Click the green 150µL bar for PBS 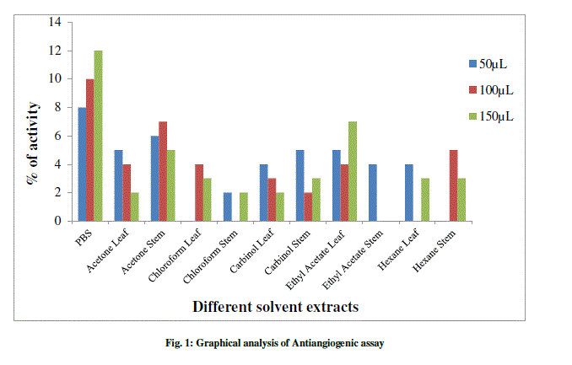click(99, 136)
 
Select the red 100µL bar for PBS click(89, 150)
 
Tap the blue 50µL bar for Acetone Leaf click(118, 185)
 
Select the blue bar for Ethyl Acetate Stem click(372, 192)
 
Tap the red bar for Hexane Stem click(454, 185)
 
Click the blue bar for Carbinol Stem click(299, 185)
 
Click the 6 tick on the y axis click(57, 136)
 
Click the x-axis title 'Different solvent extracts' click(275, 307)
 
